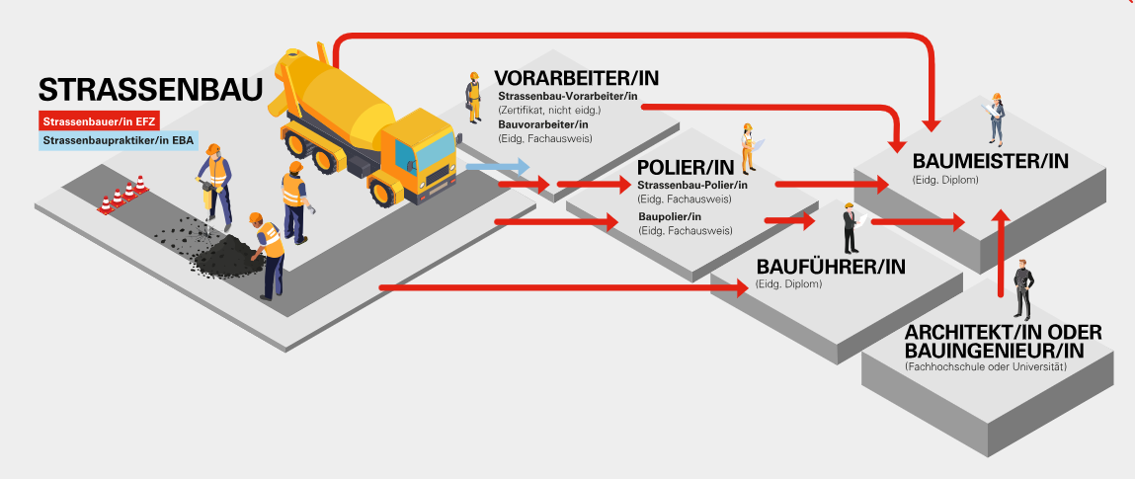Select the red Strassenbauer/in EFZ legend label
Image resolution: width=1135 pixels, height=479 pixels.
pyautogui.click(x=99, y=122)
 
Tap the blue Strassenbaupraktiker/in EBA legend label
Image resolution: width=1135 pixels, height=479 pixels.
pyautogui.click(x=118, y=141)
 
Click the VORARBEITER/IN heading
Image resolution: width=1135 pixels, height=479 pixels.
pyautogui.click(x=576, y=78)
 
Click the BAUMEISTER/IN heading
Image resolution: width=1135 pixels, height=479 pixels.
pyautogui.click(x=991, y=162)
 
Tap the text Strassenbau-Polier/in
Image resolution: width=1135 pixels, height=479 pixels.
pyautogui.click(x=692, y=185)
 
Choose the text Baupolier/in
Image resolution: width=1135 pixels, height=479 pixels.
pyautogui.click(x=670, y=216)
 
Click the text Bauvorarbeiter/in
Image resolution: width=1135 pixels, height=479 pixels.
pyautogui.click(x=543, y=123)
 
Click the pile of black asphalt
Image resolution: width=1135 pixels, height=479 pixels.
pyautogui.click(x=227, y=260)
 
